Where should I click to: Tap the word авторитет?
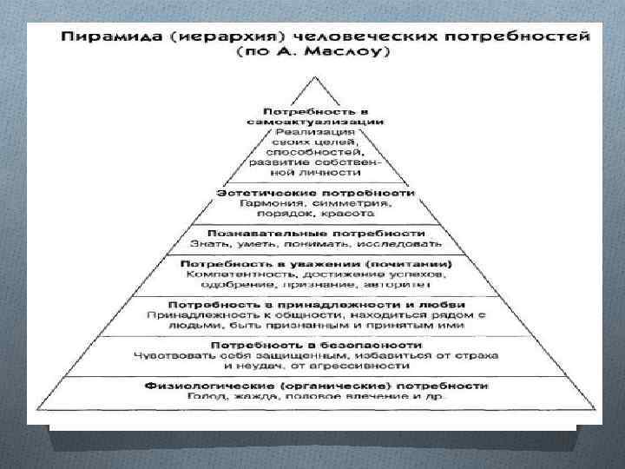[394, 286]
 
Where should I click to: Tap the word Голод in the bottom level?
[200, 397]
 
